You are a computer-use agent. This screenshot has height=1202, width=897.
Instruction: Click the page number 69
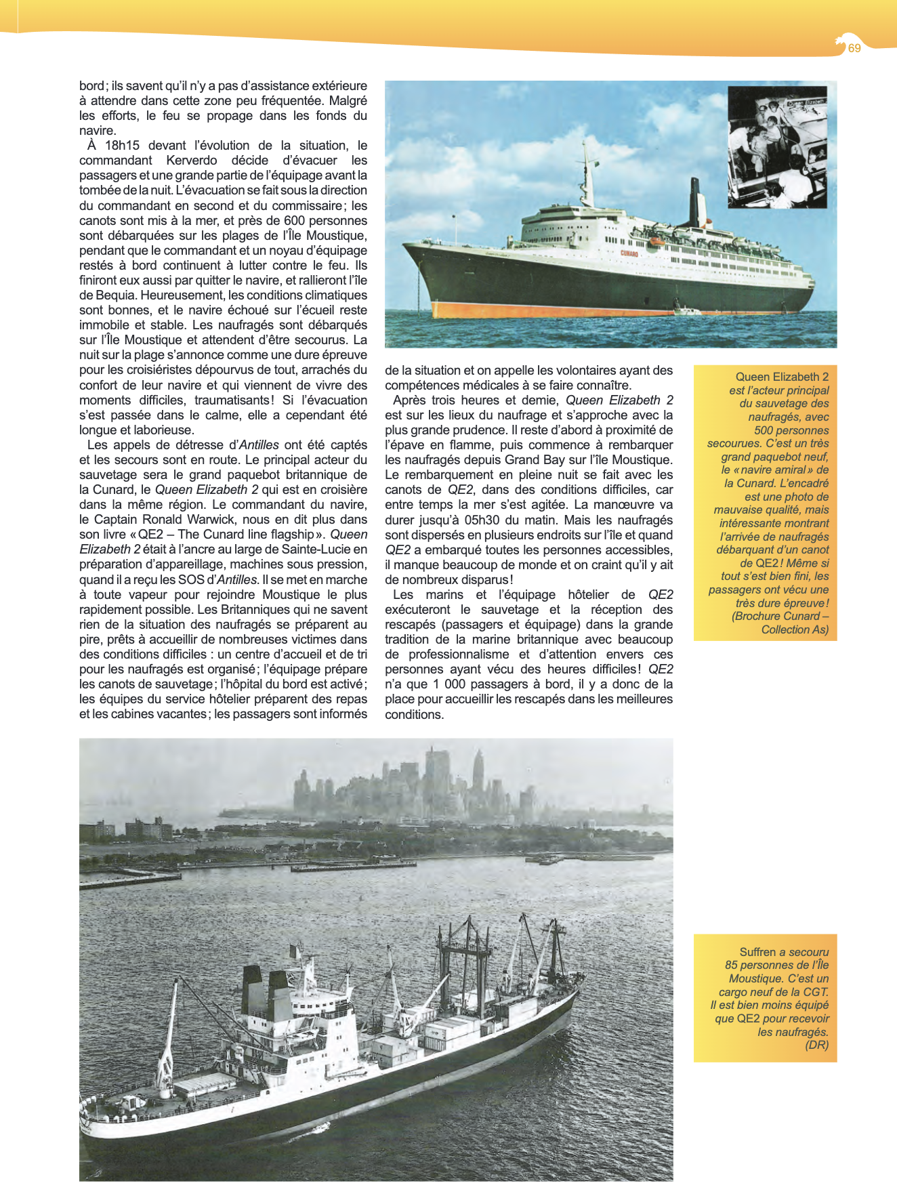[854, 48]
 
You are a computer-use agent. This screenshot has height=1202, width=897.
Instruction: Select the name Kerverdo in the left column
[192, 161]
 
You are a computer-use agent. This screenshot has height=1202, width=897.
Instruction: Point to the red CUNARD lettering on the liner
[629, 253]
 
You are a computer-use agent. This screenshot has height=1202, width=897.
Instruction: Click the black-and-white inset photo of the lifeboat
[777, 147]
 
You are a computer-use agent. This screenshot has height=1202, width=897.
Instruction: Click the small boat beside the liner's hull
[689, 312]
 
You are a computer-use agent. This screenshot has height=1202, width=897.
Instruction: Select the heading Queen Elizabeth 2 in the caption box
[782, 377]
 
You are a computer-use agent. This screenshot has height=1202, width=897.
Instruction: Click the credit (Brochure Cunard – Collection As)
[780, 623]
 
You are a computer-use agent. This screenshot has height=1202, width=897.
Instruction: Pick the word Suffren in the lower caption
[757, 952]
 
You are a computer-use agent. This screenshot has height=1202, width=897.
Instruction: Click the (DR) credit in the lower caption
[816, 1045]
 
